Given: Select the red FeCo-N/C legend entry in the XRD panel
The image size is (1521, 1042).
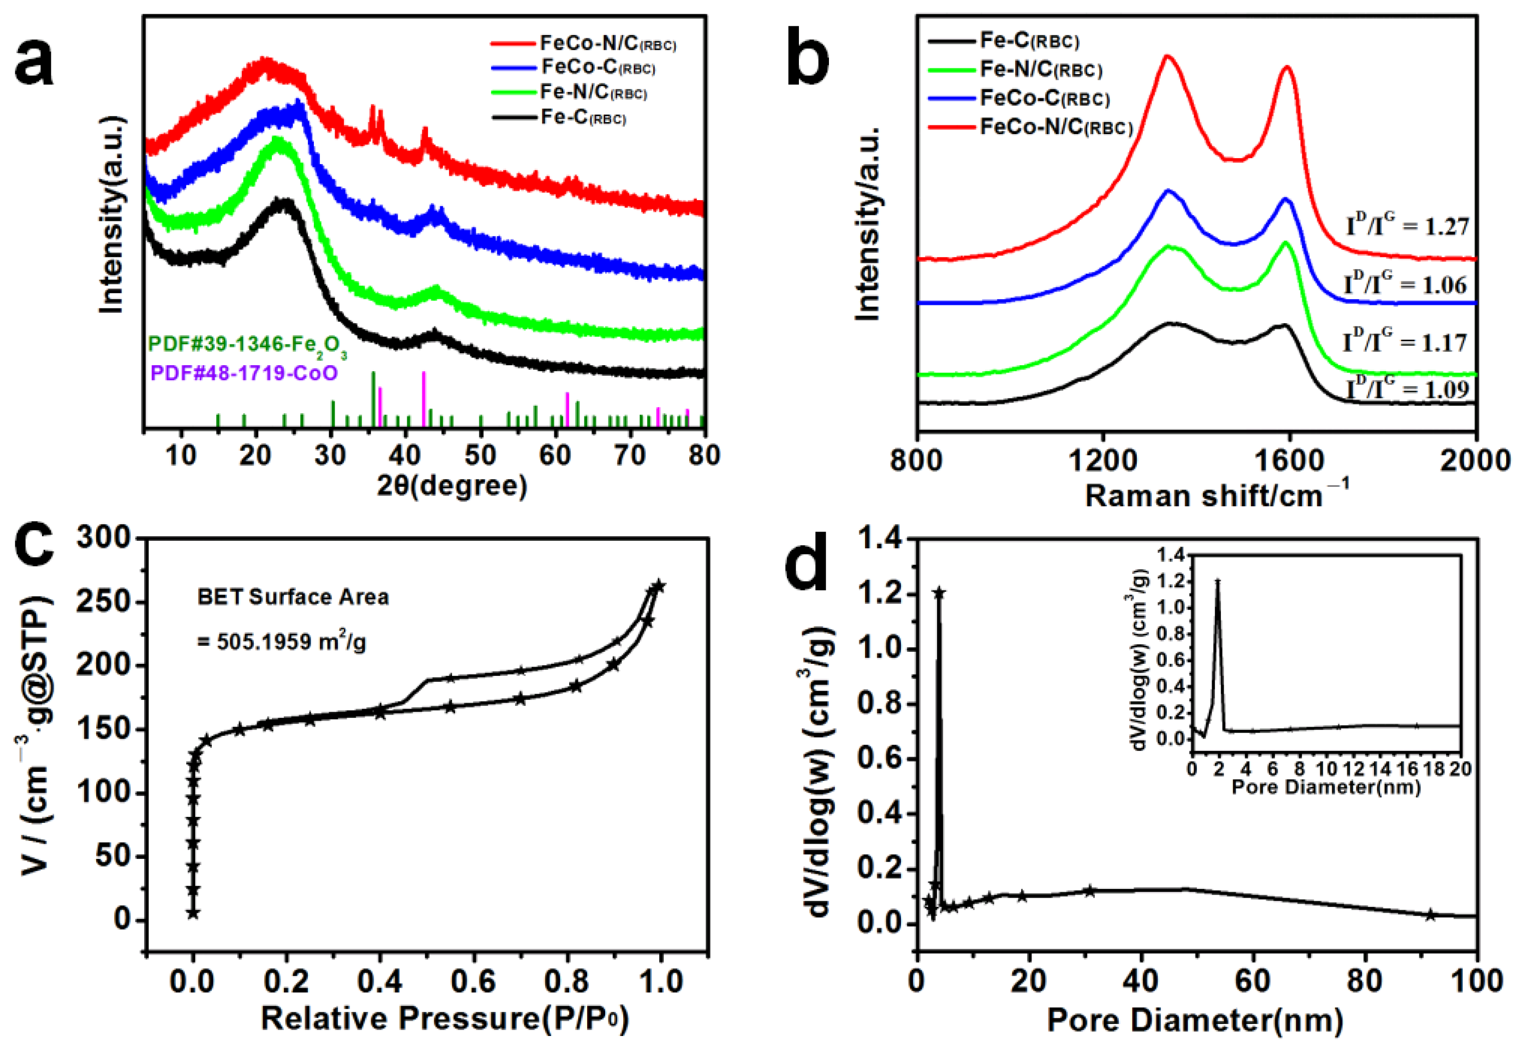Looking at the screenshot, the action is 583,44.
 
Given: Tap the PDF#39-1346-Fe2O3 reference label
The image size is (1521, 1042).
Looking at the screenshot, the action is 247,345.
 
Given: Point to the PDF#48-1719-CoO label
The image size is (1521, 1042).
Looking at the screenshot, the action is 244,373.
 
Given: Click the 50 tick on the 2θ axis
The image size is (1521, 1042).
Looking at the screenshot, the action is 480,455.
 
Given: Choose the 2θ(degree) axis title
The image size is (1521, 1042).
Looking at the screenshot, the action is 452,486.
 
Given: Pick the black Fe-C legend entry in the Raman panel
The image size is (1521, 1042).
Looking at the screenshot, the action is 1003,41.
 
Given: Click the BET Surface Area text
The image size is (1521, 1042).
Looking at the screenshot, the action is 293,597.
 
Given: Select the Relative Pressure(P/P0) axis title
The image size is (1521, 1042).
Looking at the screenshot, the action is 445,1018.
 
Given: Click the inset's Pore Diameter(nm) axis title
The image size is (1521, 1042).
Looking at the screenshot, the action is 1326,787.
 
